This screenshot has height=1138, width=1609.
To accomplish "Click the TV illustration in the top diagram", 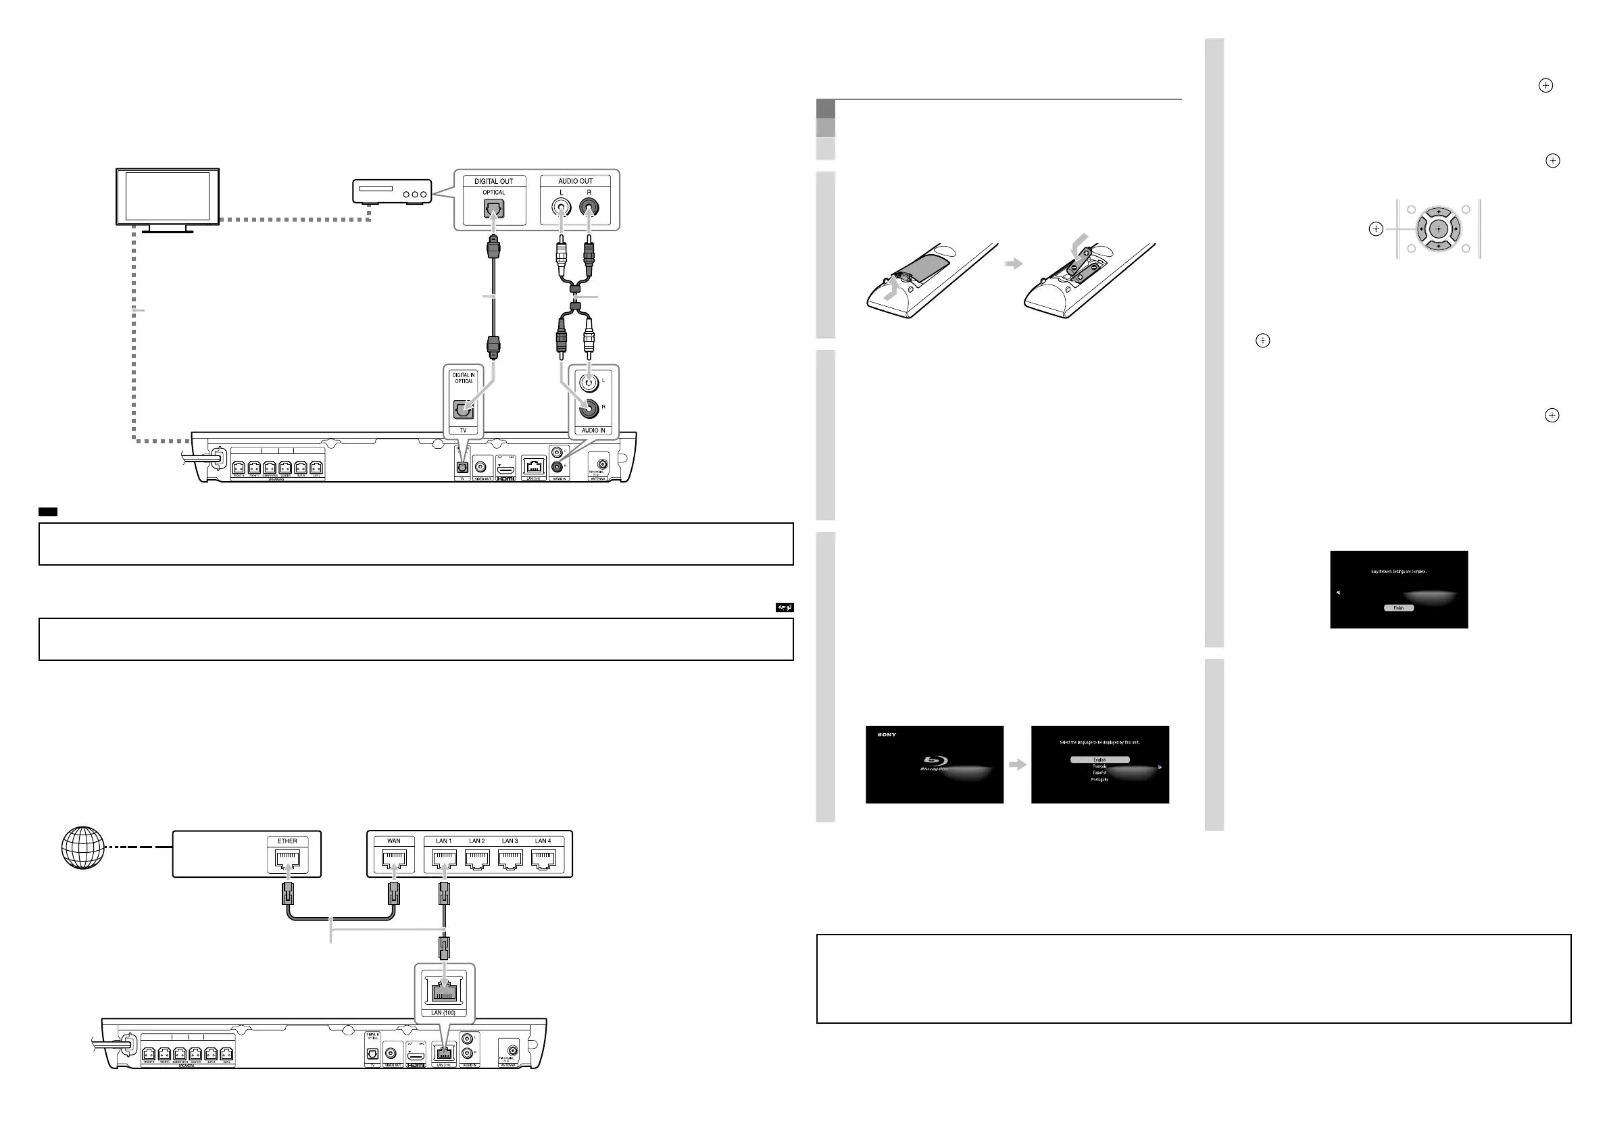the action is pos(168,197).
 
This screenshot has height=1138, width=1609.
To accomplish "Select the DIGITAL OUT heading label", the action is pos(493,181).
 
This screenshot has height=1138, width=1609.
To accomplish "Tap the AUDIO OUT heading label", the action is pos(575,181).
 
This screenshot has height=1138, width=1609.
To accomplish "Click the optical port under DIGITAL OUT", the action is pos(494,208).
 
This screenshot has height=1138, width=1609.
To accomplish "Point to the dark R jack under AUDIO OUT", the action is pos(589,207).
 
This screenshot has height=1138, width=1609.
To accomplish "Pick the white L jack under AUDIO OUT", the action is pos(561,207).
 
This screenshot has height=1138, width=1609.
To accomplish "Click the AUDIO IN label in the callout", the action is pos(593,430).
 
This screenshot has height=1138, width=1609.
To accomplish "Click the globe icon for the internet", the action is pos(83,848).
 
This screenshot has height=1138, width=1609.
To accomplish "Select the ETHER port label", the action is pos(287,841).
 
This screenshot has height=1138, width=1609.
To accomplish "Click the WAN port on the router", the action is pos(394,858).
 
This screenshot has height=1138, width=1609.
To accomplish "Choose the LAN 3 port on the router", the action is pos(510,858).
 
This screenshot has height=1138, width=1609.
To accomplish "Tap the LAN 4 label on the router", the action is pos(543,841).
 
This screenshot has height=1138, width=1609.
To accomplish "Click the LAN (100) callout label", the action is pos(443,1012).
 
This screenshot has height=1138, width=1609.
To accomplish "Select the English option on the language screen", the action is pos(1099,760).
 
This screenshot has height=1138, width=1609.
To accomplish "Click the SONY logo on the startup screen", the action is pos(887,735).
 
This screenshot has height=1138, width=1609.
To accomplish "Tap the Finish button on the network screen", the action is pos(1399,608).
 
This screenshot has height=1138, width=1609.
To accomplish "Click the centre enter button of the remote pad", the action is pos(1438,229).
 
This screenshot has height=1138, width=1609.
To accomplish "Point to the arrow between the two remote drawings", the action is pos(1014,264).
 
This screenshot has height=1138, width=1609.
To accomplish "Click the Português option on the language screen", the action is pos(1099,779).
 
